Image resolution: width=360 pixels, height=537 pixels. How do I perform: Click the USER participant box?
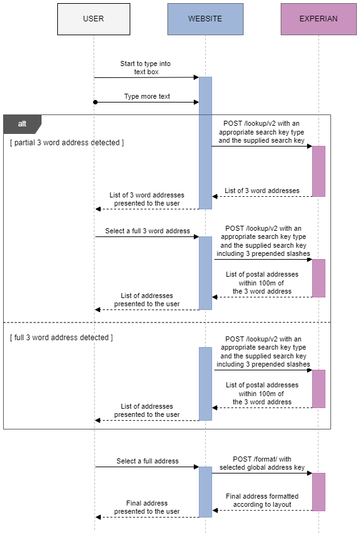point(94,19)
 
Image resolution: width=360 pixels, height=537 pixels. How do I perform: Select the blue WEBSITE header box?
point(205,19)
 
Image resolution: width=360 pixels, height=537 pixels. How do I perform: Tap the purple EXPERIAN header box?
point(318,19)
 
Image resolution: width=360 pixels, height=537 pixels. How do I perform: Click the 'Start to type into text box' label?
point(145,68)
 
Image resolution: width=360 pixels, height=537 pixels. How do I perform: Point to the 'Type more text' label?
point(147,97)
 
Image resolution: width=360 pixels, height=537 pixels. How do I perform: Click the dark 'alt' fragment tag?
point(22,124)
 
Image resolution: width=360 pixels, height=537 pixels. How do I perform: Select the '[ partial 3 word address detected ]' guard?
point(67,143)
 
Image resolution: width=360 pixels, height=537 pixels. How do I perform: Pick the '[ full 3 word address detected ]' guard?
point(61,338)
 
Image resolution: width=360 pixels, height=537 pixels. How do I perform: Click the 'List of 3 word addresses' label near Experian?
point(262,191)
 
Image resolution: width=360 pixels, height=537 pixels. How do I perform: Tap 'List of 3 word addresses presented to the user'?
point(147,199)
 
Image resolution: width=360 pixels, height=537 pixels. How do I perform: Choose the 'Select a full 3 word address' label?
point(147,231)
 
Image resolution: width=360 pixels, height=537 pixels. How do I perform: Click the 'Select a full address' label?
point(147,461)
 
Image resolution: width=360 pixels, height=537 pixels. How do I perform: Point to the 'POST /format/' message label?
point(262,463)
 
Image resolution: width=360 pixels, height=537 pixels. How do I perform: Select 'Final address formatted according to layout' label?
point(262,501)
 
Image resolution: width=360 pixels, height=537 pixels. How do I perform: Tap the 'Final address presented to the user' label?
point(147,507)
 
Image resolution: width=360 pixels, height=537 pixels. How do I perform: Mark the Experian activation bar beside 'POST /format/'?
point(318,492)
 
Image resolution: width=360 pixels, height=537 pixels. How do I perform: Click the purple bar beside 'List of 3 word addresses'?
point(318,171)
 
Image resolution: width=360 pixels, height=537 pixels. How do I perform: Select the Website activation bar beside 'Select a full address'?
point(205,492)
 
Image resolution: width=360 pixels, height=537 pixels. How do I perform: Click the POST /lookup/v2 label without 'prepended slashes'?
point(261,132)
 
